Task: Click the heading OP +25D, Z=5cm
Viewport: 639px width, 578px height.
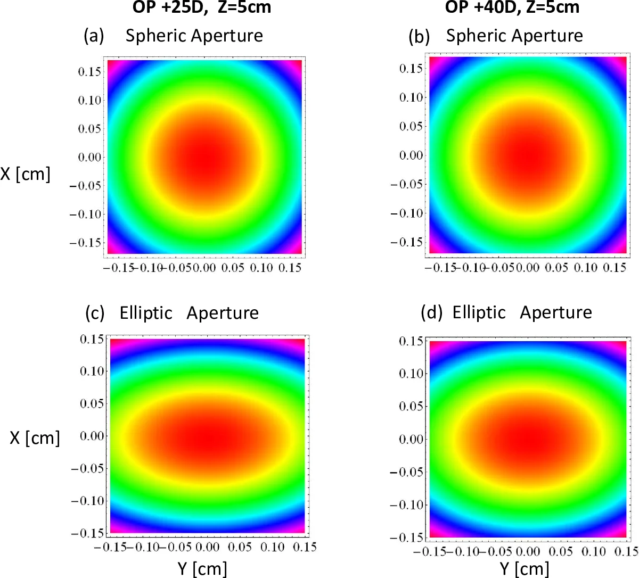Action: (x=202, y=7)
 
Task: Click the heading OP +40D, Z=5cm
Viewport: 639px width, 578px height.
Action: (x=512, y=7)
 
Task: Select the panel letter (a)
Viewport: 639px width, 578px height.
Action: (x=94, y=36)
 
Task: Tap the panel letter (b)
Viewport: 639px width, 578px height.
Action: (x=419, y=37)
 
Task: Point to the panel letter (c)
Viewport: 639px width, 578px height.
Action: (x=95, y=313)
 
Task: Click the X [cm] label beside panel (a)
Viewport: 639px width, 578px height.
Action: (x=25, y=174)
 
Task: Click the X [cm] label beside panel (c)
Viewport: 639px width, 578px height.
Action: (x=35, y=437)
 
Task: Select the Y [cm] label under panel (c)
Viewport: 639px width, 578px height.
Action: (x=202, y=568)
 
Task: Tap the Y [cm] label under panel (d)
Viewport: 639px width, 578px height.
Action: (x=525, y=568)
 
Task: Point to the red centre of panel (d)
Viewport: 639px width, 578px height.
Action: (x=528, y=439)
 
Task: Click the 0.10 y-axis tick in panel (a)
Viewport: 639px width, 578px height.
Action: (x=89, y=100)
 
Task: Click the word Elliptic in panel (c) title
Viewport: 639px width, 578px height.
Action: (x=146, y=313)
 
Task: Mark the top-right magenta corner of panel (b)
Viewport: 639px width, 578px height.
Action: (x=621, y=62)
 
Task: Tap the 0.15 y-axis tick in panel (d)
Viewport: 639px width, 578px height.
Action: (x=411, y=341)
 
